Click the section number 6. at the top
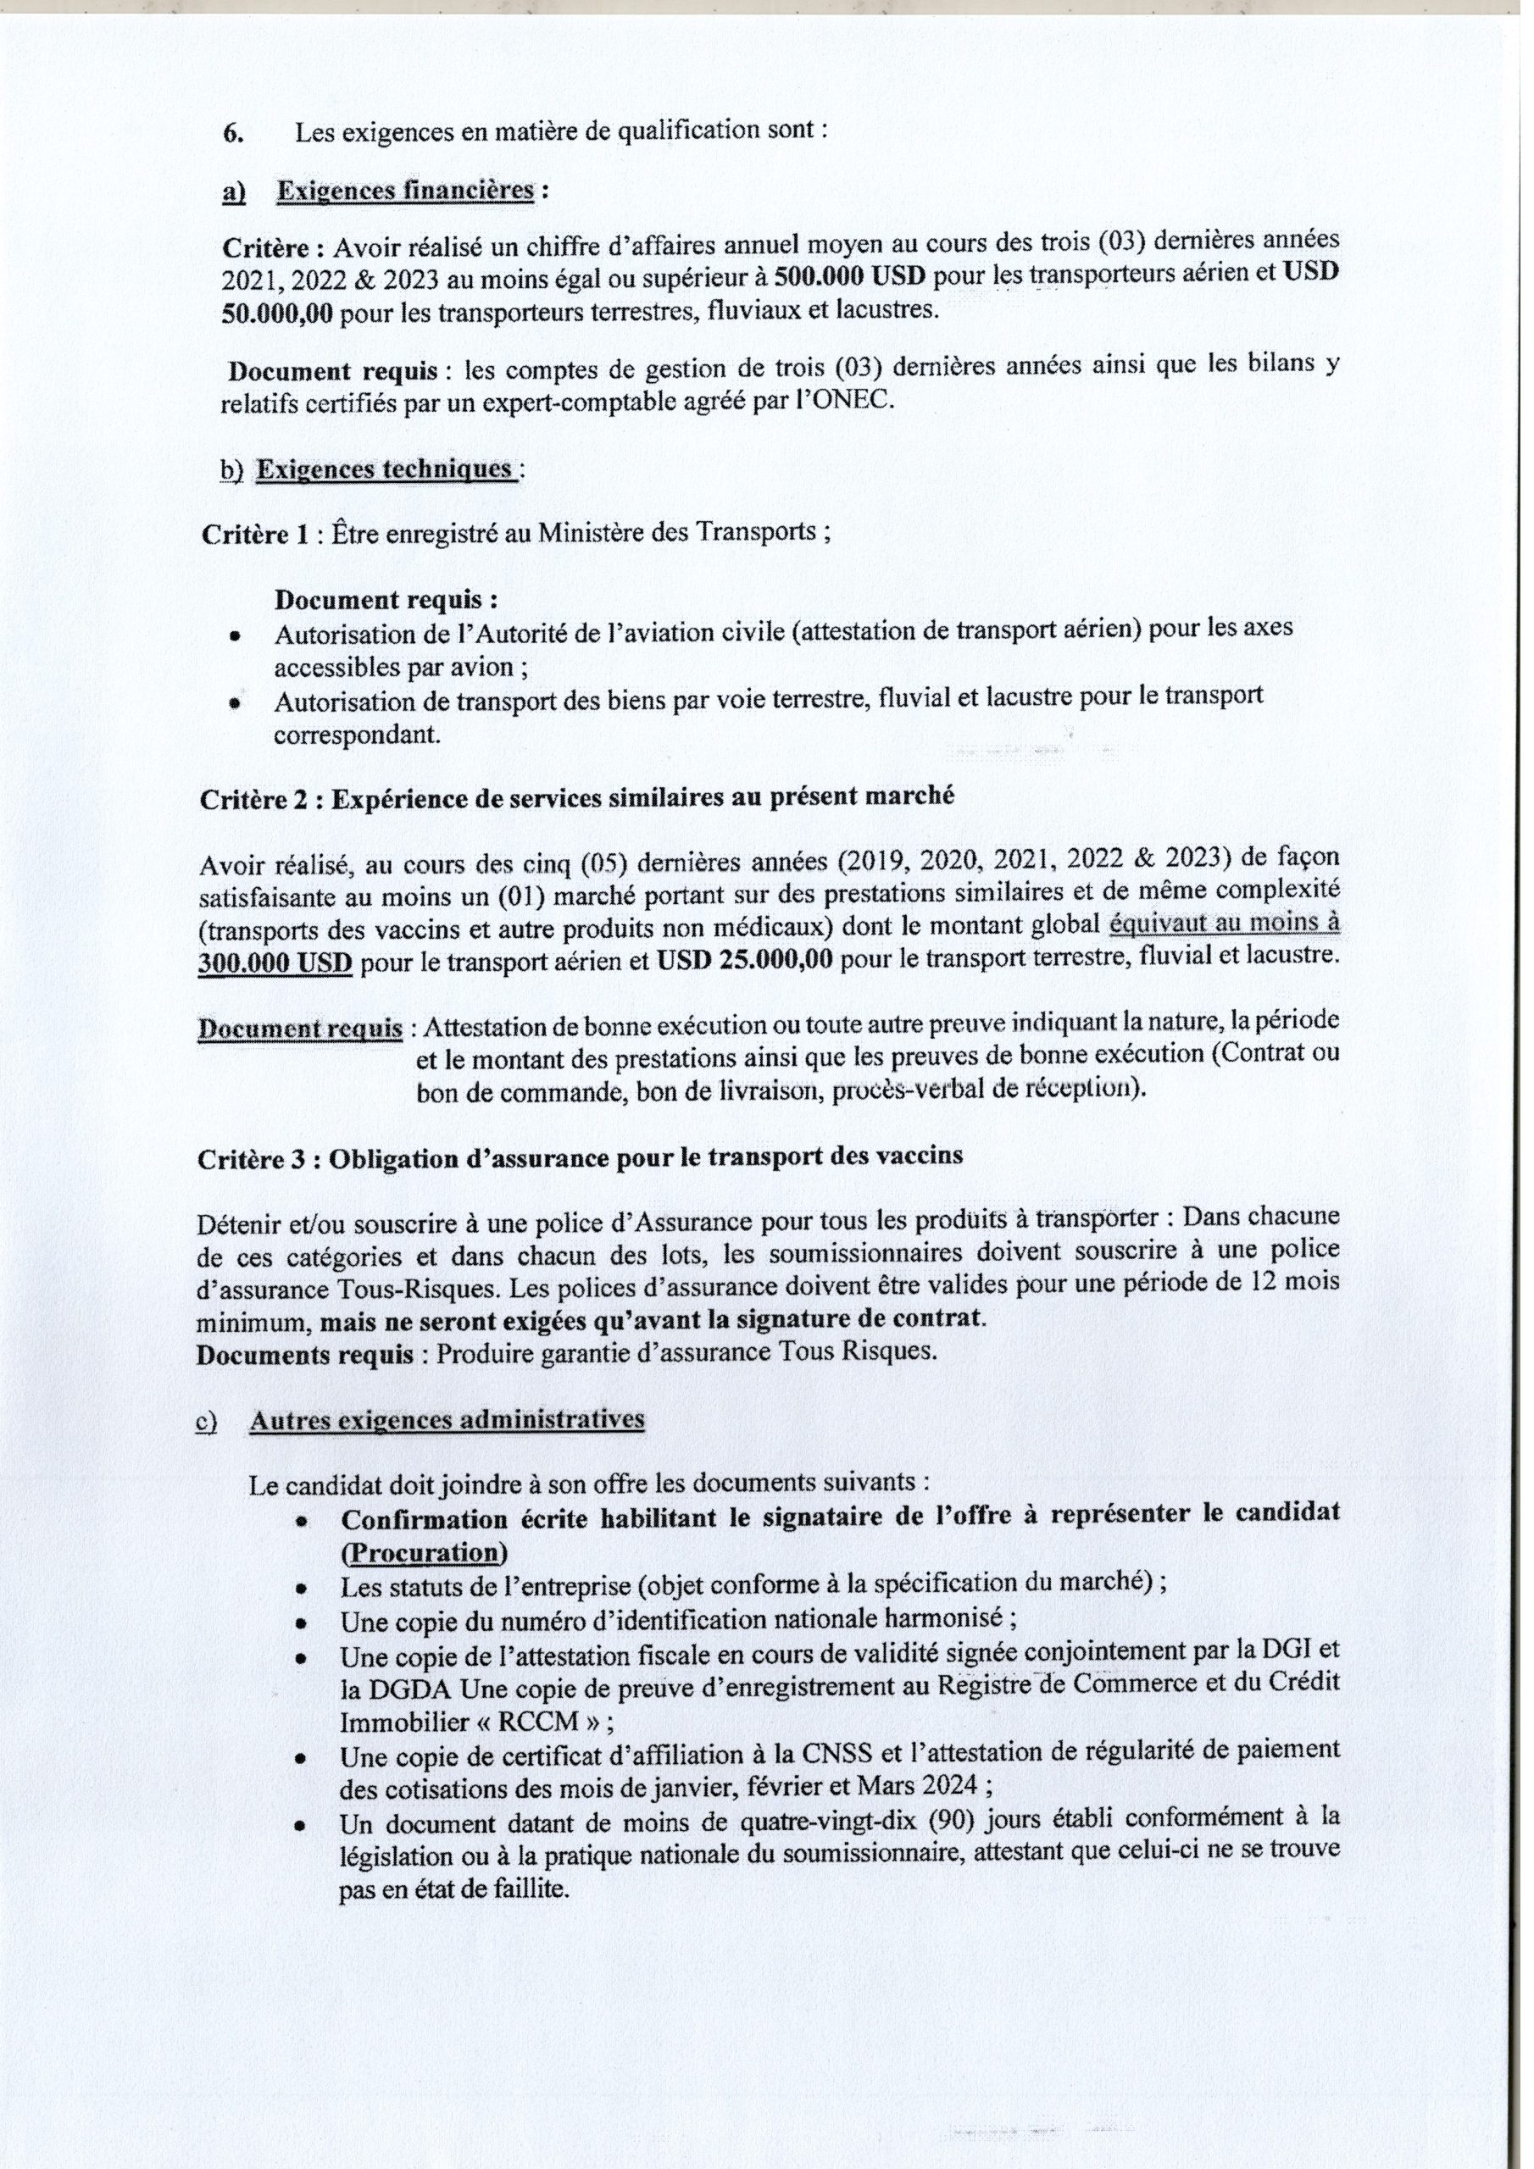point(232,133)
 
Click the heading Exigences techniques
point(385,469)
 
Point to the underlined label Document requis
point(300,1029)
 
